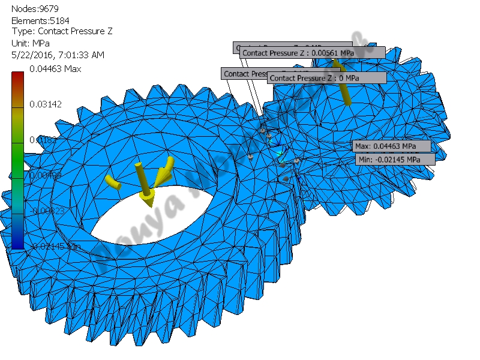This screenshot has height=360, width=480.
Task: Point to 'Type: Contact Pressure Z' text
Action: click(x=62, y=32)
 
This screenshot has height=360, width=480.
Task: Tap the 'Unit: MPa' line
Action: click(x=31, y=43)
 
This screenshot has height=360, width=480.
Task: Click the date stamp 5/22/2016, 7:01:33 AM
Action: click(x=58, y=55)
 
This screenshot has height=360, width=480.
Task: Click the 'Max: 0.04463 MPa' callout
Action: click(x=391, y=146)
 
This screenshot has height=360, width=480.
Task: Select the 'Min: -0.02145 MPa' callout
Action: click(x=394, y=160)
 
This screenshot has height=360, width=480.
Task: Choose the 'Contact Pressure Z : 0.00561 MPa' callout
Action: click(x=311, y=53)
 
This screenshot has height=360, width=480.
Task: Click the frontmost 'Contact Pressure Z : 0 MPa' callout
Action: click(x=326, y=78)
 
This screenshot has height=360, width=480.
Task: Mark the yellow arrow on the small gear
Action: click(x=343, y=84)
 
